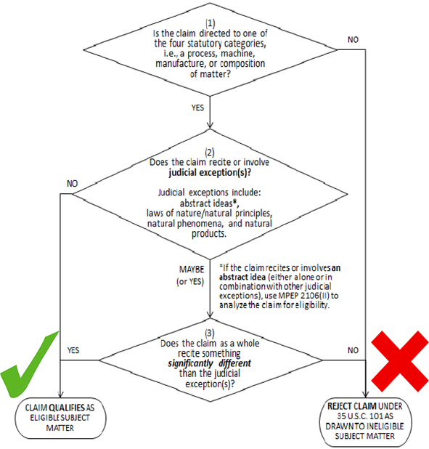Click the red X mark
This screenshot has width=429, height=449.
click(400, 361)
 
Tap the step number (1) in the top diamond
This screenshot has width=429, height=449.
click(210, 23)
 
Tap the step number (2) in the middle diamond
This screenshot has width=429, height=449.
click(210, 152)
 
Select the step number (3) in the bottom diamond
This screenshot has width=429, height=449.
click(210, 333)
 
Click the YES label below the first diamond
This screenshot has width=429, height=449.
click(197, 108)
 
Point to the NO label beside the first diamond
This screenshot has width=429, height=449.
click(353, 39)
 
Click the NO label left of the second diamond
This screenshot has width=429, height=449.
click(72, 183)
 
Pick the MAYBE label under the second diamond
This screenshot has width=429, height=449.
click(192, 269)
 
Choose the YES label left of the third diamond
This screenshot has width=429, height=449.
click(73, 350)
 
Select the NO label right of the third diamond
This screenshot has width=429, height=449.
click(353, 350)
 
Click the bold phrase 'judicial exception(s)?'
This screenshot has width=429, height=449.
click(210, 173)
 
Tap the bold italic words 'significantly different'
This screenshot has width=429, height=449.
click(209, 363)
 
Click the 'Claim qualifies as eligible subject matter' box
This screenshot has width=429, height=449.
click(60, 418)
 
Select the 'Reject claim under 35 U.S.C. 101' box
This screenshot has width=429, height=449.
click(365, 421)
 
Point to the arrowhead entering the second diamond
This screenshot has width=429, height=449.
click(210, 126)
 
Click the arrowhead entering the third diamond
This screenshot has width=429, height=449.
click(210, 315)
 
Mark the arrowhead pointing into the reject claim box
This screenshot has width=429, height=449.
click(365, 394)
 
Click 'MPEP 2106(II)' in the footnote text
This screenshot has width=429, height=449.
click(303, 296)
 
